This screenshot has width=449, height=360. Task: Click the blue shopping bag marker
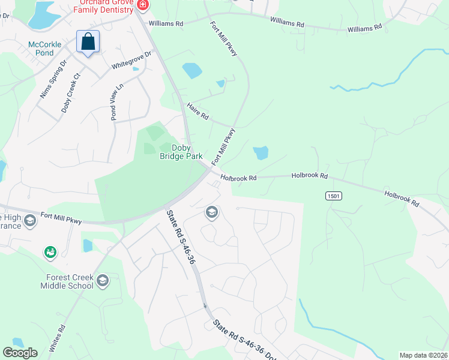pyautogui.click(x=88, y=43)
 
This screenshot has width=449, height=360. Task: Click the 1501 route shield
pyautogui.click(x=334, y=196)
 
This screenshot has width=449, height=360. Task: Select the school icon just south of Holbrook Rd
pyautogui.click(x=211, y=212)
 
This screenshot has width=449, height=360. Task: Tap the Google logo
pyautogui.click(x=20, y=353)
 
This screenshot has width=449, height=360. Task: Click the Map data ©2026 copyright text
pyautogui.click(x=424, y=355)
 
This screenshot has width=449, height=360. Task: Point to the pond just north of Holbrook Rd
pyautogui.click(x=261, y=153)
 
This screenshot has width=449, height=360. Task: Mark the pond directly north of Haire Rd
pyautogui.click(x=192, y=71)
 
